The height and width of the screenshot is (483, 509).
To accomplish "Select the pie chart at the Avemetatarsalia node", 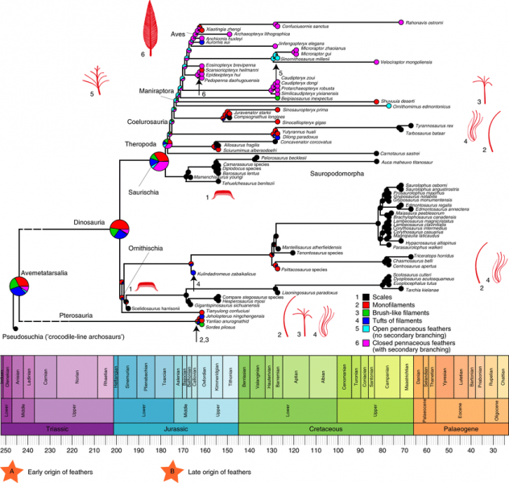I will [21, 286].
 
